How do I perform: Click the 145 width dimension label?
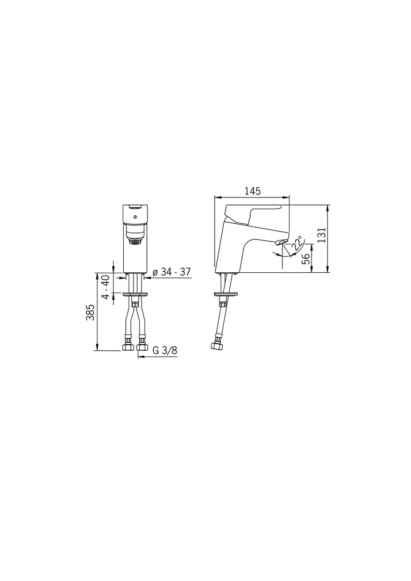click(252, 191)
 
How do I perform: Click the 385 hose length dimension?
click(90, 312)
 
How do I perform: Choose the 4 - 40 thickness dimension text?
click(106, 287)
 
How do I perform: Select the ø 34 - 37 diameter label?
click(172, 272)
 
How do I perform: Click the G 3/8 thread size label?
click(165, 350)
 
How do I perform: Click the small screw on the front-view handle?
click(135, 217)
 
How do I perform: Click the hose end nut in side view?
click(217, 345)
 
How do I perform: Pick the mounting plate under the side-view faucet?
click(226, 294)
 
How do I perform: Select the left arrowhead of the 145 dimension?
click(217, 197)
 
